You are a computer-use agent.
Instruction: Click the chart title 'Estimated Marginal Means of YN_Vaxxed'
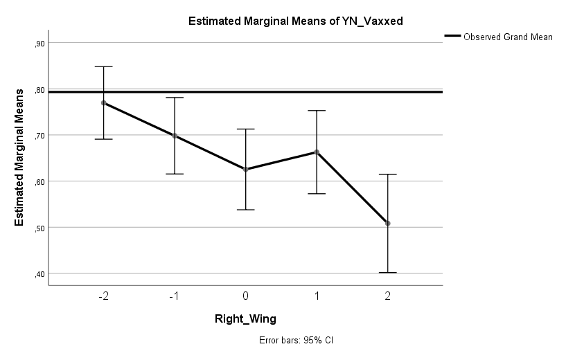296,21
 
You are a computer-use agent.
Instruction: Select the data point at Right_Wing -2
104,102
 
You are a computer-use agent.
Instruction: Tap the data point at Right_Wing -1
175,136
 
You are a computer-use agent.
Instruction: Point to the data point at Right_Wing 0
246,169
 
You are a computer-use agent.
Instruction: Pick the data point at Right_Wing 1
317,152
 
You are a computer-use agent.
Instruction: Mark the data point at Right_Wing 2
388,223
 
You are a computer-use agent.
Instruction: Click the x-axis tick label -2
104,296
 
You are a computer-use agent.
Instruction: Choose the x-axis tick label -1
175,296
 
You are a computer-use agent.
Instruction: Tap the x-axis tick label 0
246,296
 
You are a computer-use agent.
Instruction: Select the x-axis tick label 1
317,296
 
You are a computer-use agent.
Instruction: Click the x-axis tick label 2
388,296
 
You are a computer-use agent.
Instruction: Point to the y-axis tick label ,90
39,44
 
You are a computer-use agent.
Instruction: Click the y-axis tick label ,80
39,89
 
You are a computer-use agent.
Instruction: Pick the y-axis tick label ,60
39,181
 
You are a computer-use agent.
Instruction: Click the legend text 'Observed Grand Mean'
508,37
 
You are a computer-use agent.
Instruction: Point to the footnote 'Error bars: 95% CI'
296,341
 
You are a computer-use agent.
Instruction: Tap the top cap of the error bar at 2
388,174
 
